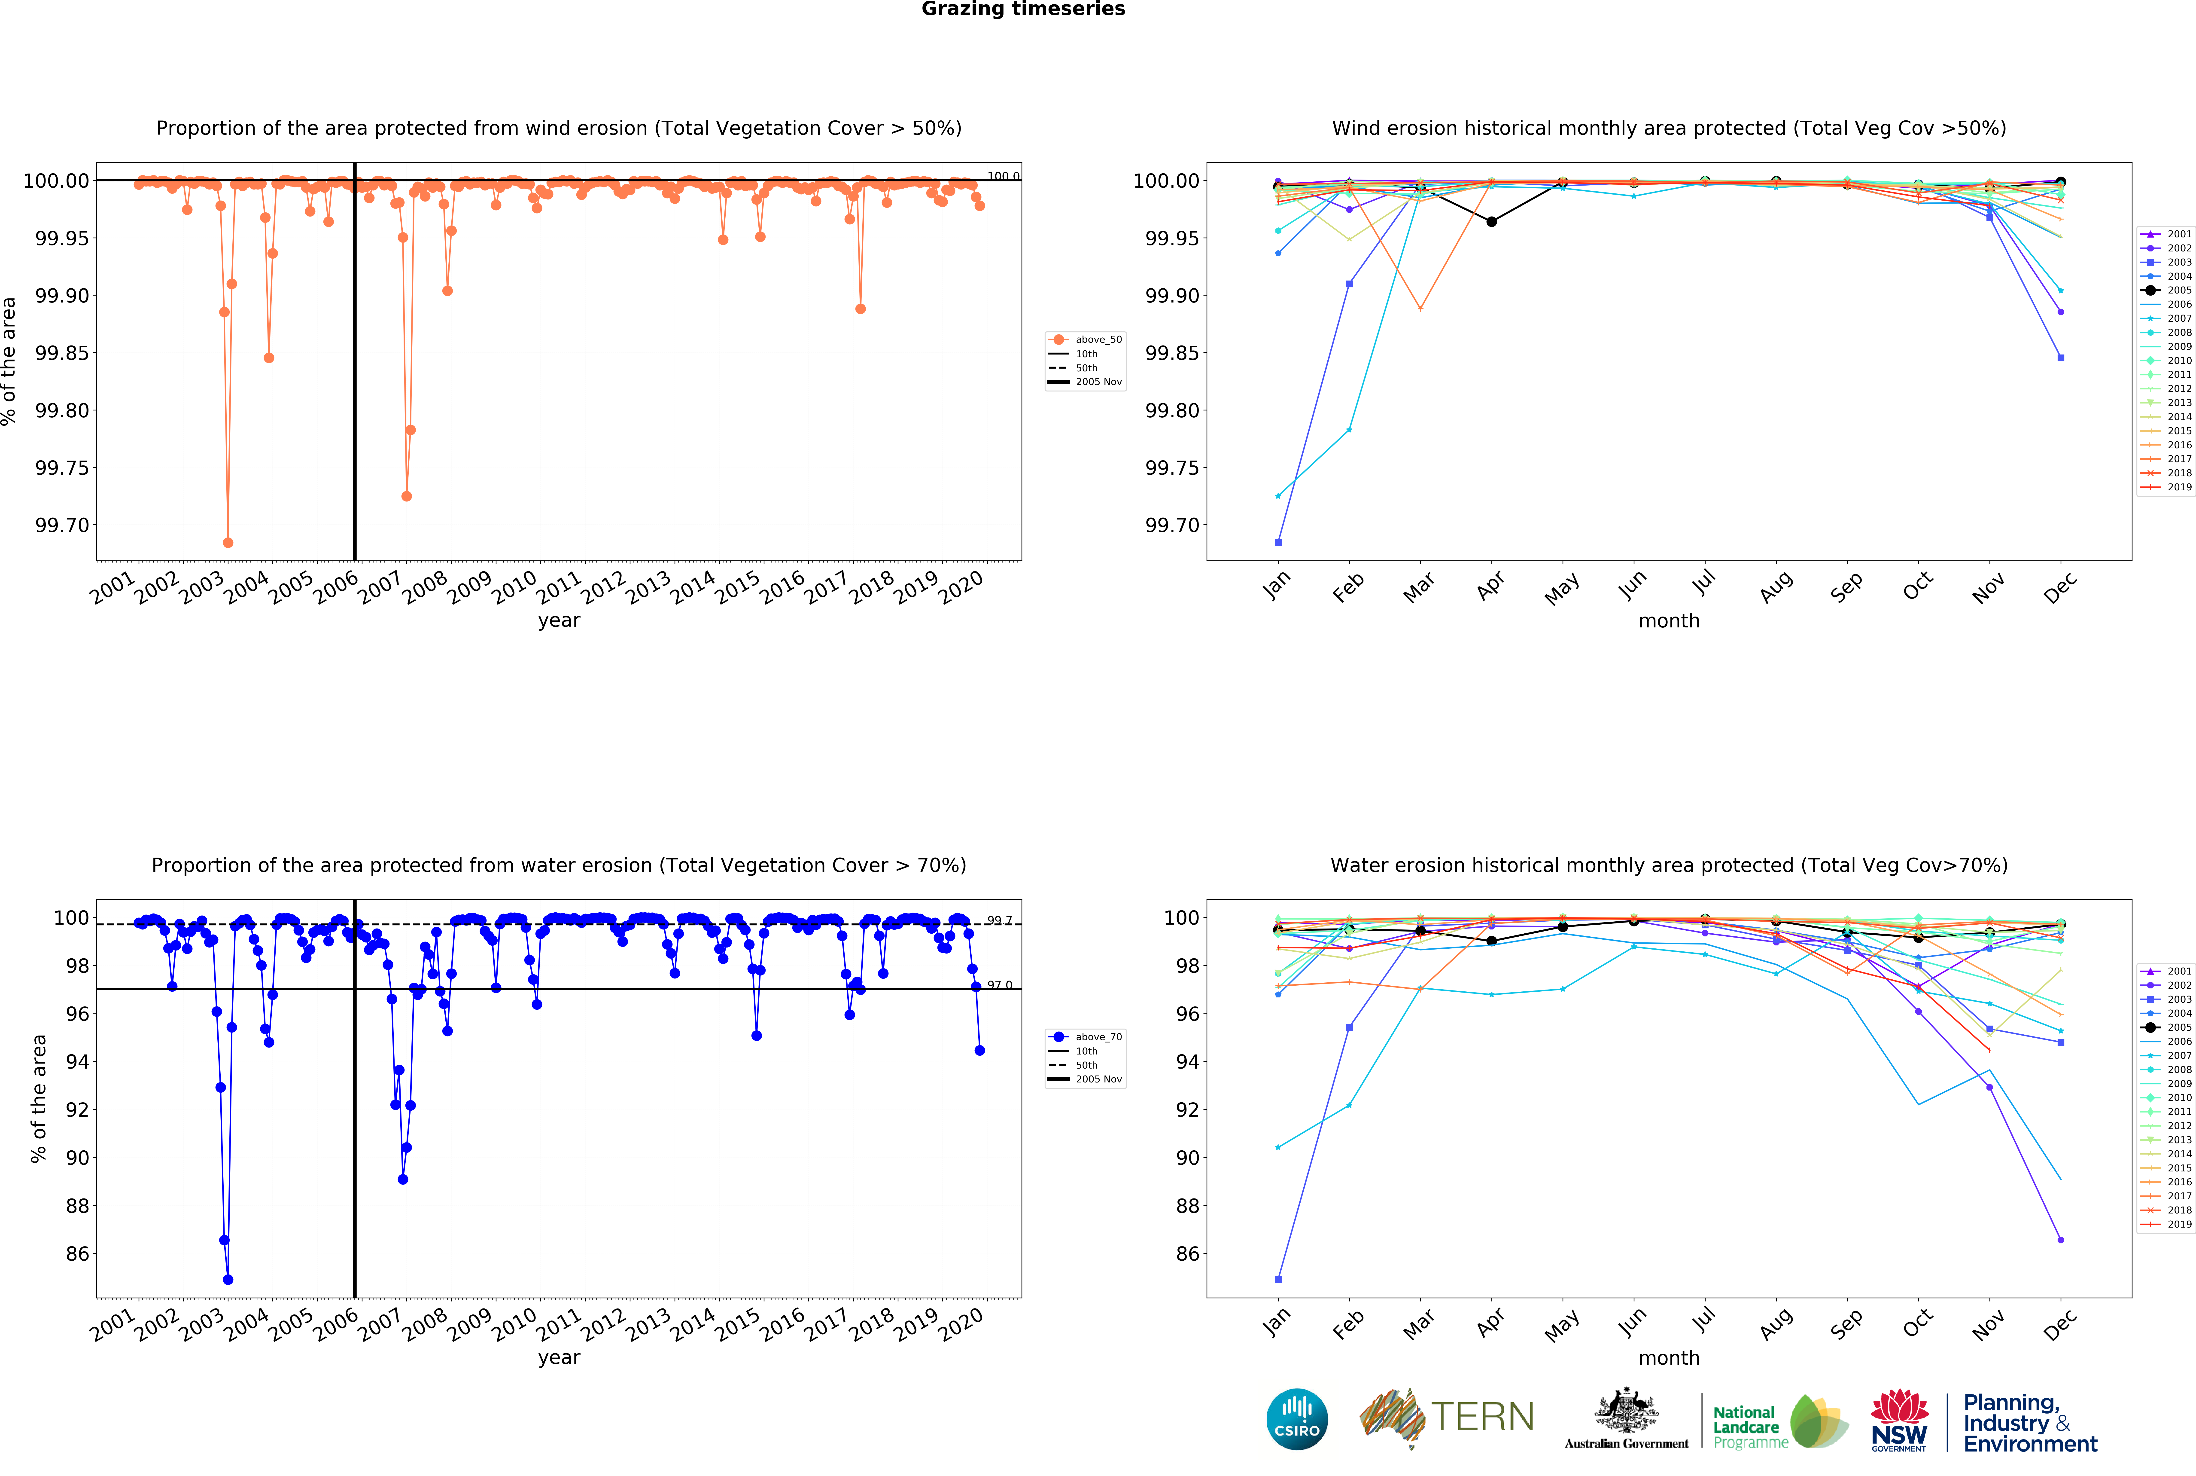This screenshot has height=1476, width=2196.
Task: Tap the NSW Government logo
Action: pos(1899,1420)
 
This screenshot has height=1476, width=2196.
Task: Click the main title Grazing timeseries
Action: pos(1023,9)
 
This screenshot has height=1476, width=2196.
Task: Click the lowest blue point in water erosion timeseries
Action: pos(228,1279)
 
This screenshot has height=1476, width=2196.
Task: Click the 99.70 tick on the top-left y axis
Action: pos(62,525)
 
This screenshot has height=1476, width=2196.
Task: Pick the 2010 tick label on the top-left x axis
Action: pos(515,588)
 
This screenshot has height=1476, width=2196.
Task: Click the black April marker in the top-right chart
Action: pos(1491,221)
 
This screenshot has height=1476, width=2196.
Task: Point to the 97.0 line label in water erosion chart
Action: pos(999,985)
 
